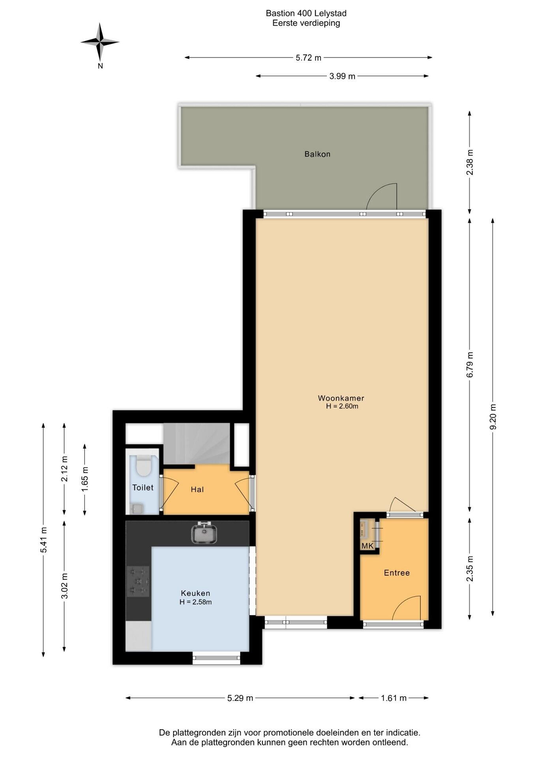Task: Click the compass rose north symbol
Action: click(100, 42)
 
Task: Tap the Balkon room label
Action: click(317, 154)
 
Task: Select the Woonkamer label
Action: click(341, 398)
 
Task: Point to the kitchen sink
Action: click(204, 533)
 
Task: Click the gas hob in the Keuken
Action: click(138, 581)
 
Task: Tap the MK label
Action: click(367, 546)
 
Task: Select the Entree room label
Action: click(397, 572)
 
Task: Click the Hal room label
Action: click(197, 489)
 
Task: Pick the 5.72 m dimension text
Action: click(309, 58)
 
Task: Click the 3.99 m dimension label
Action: click(342, 76)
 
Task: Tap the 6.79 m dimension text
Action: click(470, 364)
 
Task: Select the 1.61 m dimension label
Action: click(394, 698)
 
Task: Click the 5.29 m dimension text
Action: click(240, 698)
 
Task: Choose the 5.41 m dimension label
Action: click(43, 540)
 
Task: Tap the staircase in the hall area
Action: click(197, 444)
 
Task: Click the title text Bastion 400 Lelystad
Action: click(306, 13)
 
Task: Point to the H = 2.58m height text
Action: click(195, 602)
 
